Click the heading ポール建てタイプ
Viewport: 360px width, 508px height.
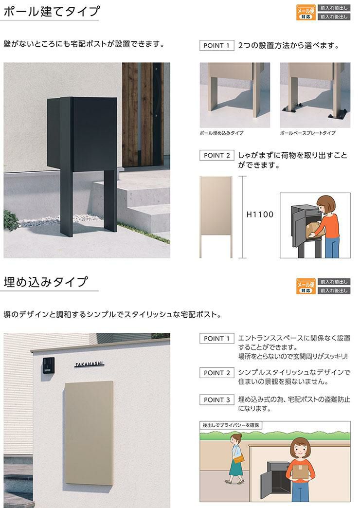52,11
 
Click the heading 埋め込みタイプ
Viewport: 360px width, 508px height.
46,282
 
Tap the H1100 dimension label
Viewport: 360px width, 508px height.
260,214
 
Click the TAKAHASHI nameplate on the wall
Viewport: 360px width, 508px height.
90,364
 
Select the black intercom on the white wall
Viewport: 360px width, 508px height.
48,365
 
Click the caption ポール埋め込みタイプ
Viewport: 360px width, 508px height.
222,133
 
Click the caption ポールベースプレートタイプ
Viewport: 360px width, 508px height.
308,133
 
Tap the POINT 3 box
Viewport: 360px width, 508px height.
217,400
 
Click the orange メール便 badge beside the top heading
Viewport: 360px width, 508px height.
306,13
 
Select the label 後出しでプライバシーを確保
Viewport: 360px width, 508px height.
231,425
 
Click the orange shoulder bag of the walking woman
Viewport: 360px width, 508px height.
238,459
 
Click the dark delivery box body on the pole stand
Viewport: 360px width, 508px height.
82,134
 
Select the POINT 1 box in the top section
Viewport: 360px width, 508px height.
217,46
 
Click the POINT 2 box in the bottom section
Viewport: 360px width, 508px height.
217,373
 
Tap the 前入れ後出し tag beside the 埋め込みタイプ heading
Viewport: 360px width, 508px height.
334,290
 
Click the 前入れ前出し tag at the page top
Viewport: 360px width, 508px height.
334,8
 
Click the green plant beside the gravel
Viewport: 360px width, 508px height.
12,220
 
